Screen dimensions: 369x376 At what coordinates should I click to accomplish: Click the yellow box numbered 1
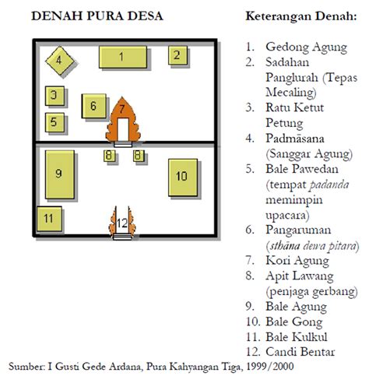(122, 57)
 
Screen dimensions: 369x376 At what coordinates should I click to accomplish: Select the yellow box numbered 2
(177, 54)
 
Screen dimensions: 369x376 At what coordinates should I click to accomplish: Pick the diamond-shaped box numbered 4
(59, 59)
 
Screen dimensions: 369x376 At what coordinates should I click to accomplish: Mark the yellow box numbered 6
(93, 107)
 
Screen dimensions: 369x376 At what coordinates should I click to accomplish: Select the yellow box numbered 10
(181, 177)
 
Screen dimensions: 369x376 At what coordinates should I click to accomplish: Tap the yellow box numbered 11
(48, 218)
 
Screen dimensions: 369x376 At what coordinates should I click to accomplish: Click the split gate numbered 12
(121, 223)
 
